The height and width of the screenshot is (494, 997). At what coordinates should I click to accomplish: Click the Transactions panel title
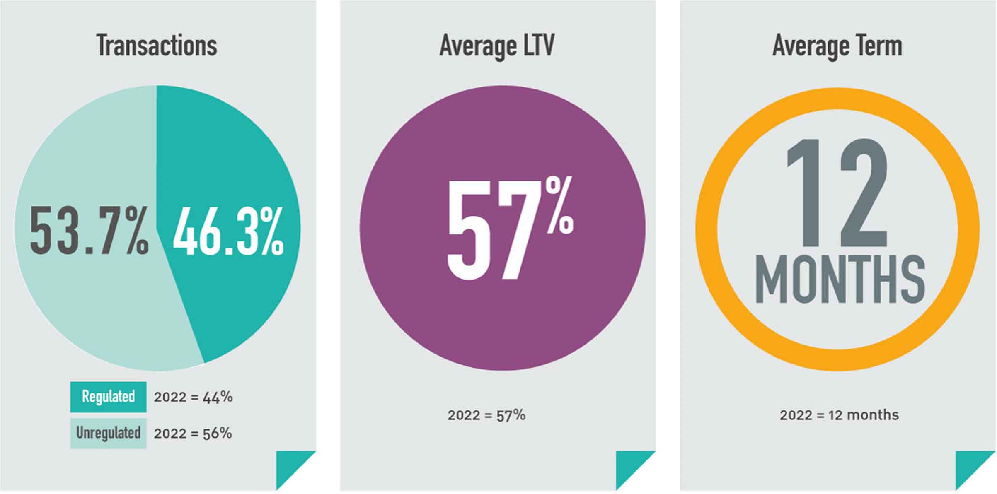coord(157,46)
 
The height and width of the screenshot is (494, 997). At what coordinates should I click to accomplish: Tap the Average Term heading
coord(837,46)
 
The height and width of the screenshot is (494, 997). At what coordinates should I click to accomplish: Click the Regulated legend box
coord(108,397)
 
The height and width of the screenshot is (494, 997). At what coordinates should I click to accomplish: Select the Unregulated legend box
coord(108,433)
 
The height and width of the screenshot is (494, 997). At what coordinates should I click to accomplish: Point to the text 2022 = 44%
coord(193,397)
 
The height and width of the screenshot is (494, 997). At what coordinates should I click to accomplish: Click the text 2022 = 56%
coord(193,434)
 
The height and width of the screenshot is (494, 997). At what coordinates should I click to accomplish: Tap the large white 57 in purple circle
coord(489,230)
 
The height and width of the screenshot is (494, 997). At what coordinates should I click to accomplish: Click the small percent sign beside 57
coord(559,205)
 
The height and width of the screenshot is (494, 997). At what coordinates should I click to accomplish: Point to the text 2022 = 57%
coord(486,415)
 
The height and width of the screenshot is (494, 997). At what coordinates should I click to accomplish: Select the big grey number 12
coord(837,193)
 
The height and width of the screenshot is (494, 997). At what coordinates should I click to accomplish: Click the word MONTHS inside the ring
coord(840,280)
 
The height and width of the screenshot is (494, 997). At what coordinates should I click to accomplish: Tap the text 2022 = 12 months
coord(839,415)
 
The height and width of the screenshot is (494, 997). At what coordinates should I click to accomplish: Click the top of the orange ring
coord(837,99)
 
